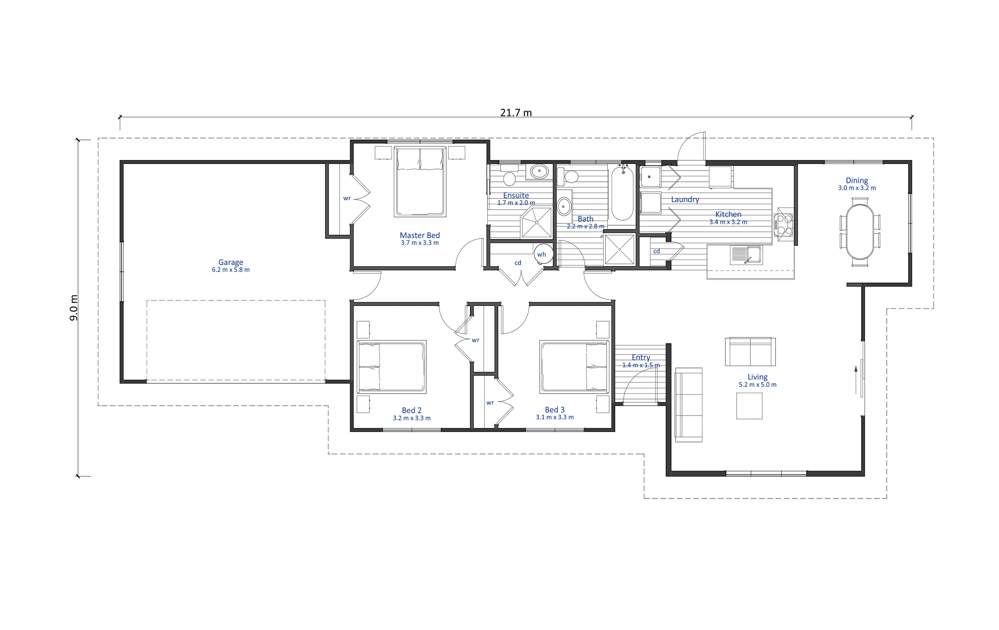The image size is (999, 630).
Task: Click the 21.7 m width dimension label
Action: (516, 113)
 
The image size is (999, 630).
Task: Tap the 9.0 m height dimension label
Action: (74, 308)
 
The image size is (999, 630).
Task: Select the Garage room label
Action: (231, 262)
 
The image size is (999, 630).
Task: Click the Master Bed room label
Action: (420, 235)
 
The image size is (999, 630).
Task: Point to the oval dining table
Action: (860, 232)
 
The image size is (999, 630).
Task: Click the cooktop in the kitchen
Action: (783, 225)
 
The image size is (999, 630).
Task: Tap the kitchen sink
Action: (746, 255)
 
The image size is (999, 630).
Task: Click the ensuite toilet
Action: (509, 175)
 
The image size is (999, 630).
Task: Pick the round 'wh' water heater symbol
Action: (542, 253)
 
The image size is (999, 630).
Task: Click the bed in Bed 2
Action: (392, 367)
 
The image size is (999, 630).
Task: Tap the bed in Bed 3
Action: (574, 367)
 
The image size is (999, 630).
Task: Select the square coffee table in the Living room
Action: (749, 406)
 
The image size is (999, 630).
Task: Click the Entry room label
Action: (641, 357)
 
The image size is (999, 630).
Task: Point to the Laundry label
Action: (685, 199)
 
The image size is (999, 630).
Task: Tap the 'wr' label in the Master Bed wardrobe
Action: (347, 198)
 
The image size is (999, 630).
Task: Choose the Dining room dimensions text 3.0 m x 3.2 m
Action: (857, 188)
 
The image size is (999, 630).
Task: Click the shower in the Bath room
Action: (619, 249)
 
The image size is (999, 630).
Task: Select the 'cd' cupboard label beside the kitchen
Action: (656, 251)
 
